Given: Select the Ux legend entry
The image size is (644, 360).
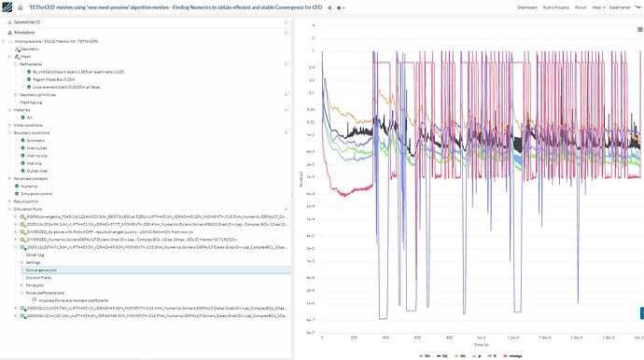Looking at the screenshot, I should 425,355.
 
